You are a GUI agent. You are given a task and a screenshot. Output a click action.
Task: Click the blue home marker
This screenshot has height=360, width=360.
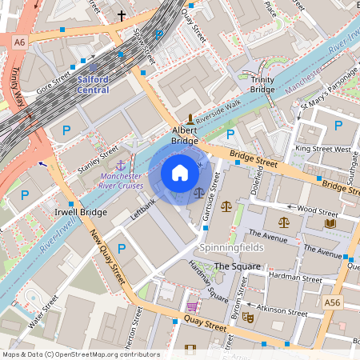coord(180,173)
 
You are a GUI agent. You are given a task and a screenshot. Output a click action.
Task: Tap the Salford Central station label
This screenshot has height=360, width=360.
coord(93,85)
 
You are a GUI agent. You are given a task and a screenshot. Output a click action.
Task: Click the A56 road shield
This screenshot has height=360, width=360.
coord(332,302)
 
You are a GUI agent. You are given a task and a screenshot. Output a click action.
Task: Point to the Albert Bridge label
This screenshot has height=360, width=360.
coord(185,135)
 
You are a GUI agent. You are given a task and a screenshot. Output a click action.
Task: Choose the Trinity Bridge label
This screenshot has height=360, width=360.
coord(262,86)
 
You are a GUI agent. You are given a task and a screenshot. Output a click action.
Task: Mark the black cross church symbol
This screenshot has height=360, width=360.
coord(122,15)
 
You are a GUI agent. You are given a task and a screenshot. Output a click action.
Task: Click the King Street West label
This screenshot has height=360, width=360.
coord(322,149)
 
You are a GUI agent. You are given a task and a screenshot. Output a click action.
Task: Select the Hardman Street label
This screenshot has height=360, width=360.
coord(295,276)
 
